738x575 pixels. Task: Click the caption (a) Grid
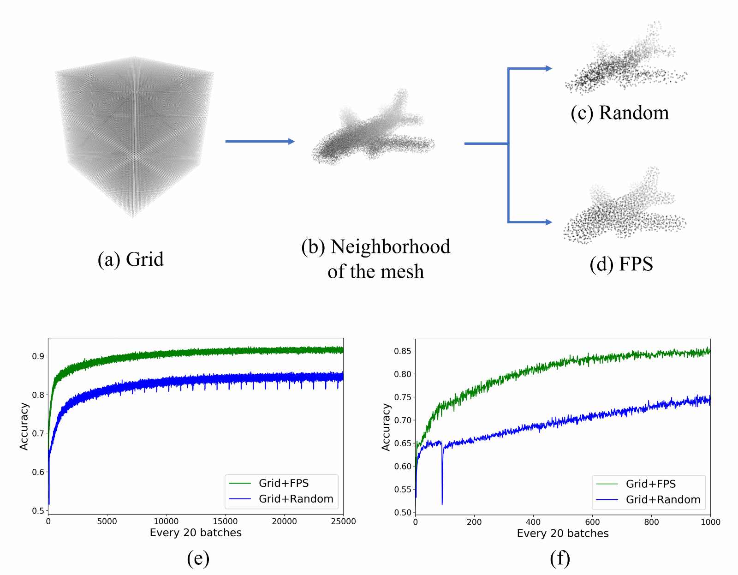click(131, 260)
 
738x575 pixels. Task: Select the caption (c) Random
click(620, 113)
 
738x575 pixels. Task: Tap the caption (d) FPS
click(621, 264)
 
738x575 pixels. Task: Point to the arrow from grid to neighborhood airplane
click(260, 141)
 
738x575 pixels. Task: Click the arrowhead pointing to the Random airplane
click(548, 69)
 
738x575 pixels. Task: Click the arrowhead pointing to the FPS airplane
click(548, 222)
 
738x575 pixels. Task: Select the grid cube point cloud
click(135, 137)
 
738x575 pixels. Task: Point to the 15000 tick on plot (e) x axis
click(225, 521)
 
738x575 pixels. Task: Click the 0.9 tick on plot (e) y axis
click(38, 356)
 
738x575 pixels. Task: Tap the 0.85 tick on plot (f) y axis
click(403, 351)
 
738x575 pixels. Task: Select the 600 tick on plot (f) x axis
click(592, 522)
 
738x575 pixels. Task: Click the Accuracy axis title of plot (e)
click(24, 426)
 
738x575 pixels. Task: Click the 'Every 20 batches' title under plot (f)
click(563, 533)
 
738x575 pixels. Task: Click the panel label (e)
click(198, 559)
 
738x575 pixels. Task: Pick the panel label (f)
click(559, 559)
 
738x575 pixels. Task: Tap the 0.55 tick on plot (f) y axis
click(403, 490)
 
